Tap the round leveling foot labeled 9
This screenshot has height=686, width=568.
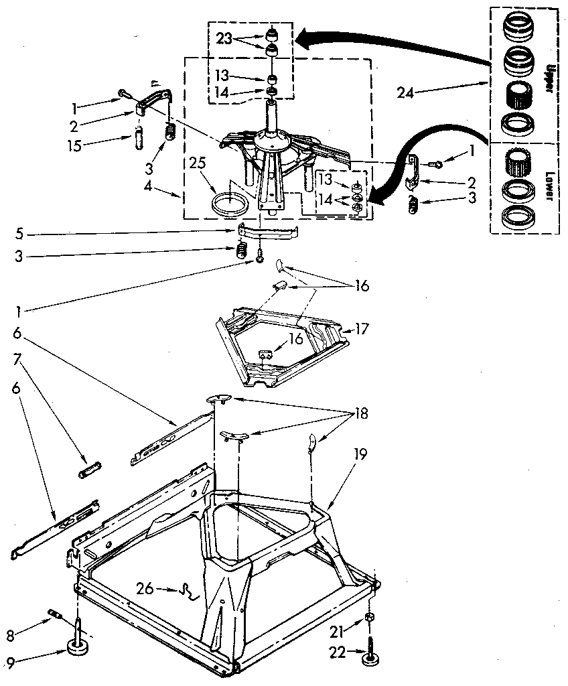pyautogui.click(x=79, y=646)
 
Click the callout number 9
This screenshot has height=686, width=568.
pyautogui.click(x=10, y=663)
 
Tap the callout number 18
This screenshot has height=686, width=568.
pyautogui.click(x=360, y=413)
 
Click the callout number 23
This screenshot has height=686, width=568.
pyautogui.click(x=223, y=38)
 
